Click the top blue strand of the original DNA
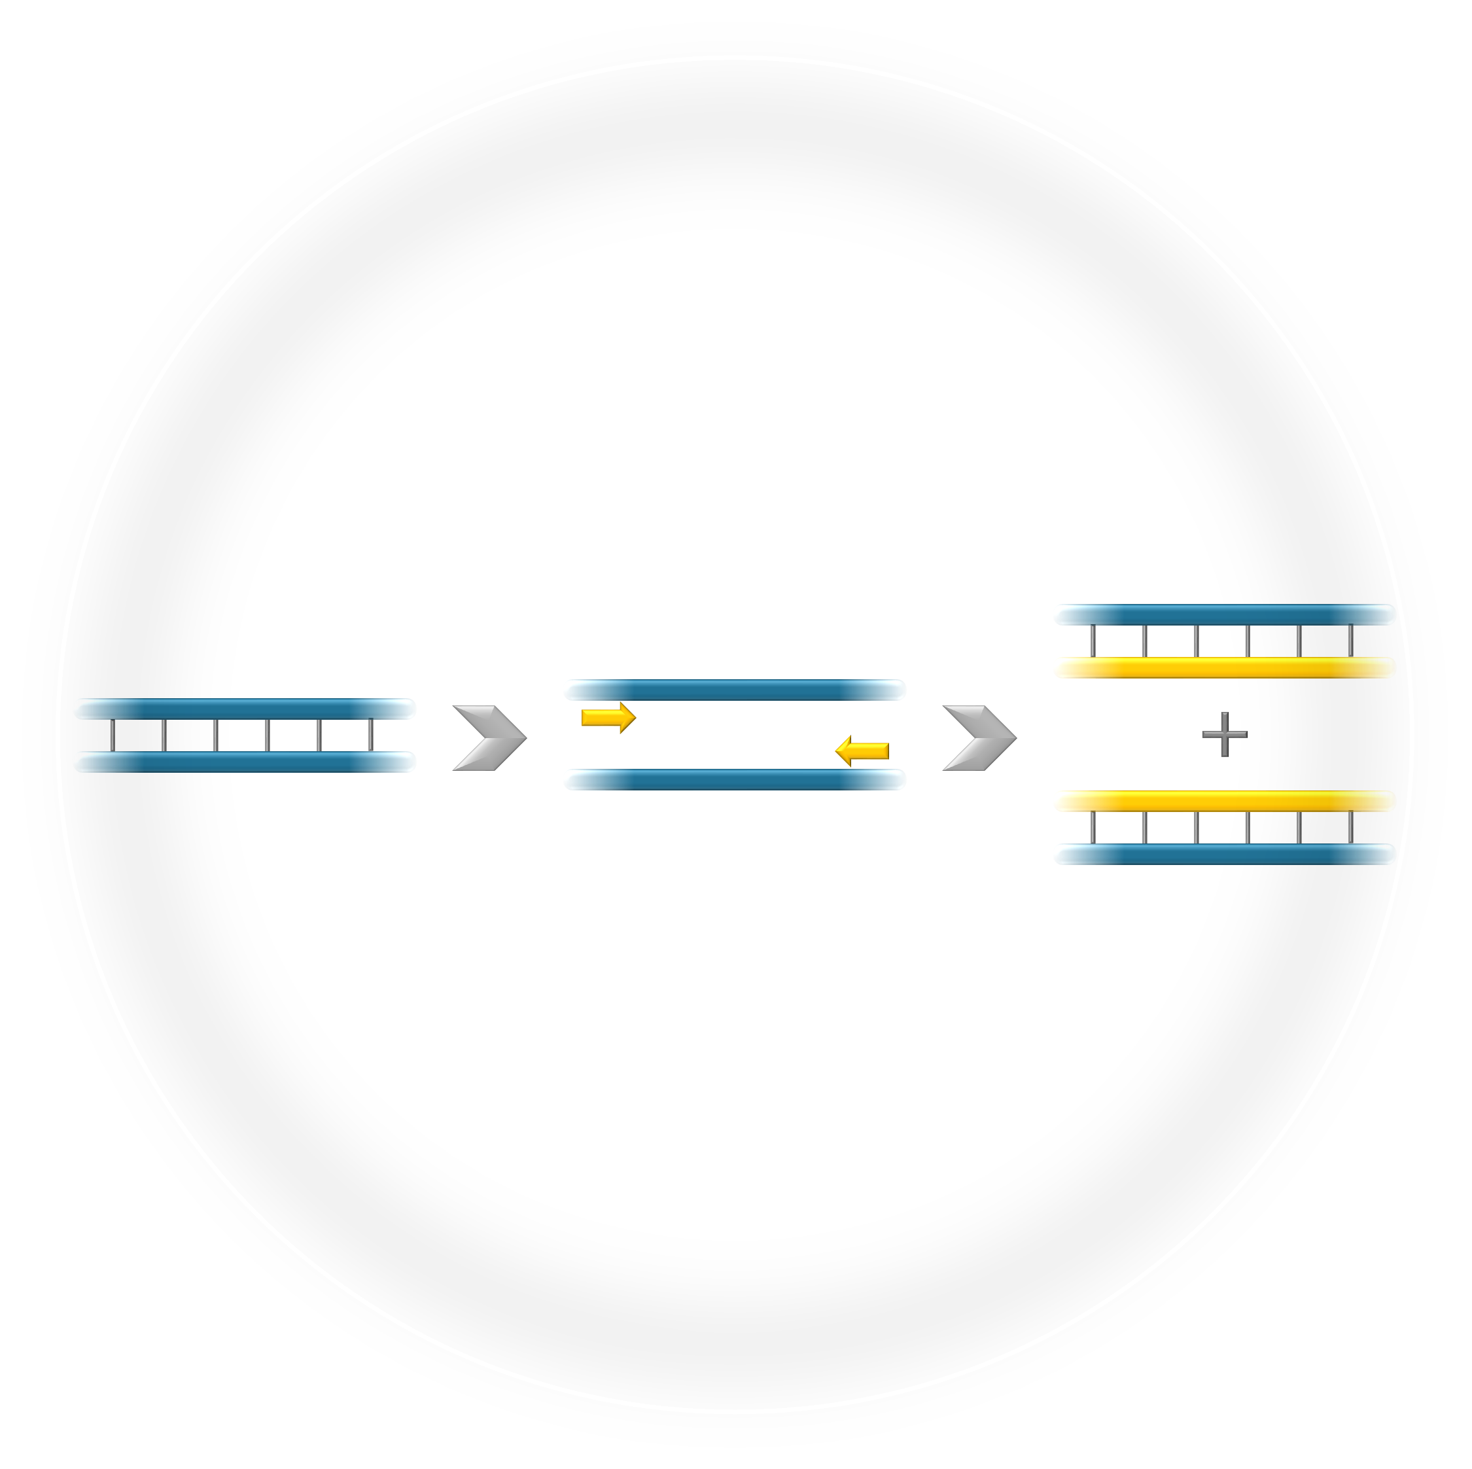244,708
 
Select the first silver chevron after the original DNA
487,738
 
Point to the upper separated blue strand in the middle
734,690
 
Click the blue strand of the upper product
1223,614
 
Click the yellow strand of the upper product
1223,667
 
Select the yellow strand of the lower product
1223,801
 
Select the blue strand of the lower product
1223,854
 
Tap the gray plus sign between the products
1223,734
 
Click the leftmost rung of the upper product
1091,641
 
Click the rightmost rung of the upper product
1351,641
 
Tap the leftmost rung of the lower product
1091,828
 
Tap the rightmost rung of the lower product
1351,828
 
